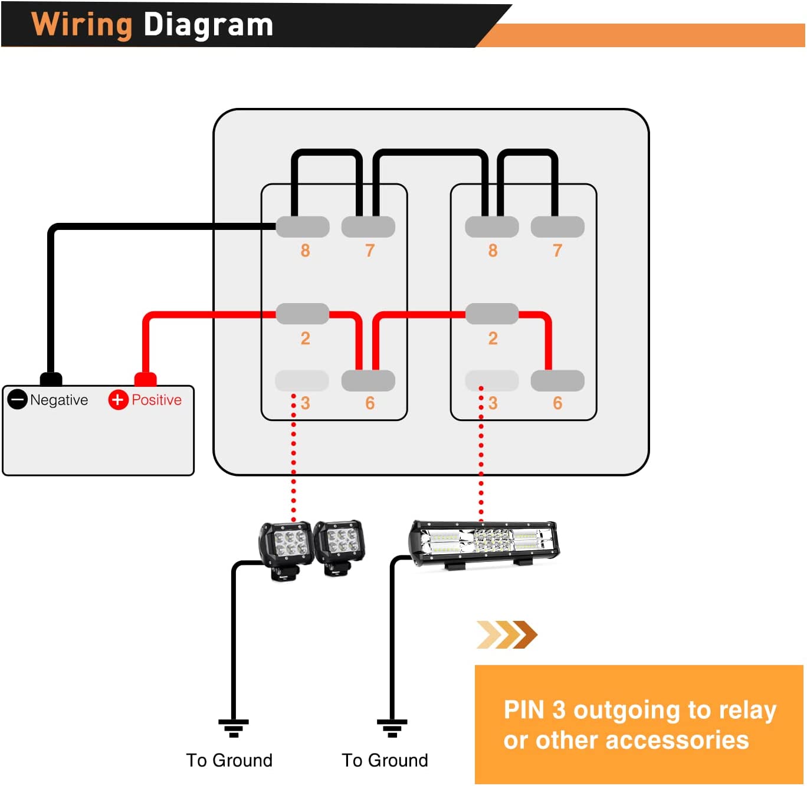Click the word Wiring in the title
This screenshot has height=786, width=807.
(81, 25)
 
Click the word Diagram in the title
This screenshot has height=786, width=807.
(208, 25)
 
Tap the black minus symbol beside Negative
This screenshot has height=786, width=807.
(18, 399)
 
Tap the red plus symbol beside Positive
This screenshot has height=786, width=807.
(118, 399)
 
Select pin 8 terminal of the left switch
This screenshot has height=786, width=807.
(303, 227)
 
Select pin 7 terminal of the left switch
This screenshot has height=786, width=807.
(368, 227)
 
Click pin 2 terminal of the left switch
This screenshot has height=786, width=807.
(303, 314)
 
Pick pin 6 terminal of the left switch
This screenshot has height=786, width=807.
(368, 381)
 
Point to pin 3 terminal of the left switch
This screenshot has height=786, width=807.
(302, 381)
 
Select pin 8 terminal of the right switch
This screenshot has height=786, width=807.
(492, 227)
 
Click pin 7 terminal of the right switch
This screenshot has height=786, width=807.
(557, 227)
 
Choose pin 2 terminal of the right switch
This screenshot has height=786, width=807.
(492, 314)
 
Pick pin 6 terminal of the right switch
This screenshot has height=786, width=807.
(557, 381)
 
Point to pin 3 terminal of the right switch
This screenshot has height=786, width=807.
(492, 381)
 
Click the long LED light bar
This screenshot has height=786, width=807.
(484, 542)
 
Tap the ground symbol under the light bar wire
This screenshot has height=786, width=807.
(392, 728)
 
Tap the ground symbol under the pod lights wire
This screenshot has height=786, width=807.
(234, 728)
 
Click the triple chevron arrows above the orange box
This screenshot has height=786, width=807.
(507, 634)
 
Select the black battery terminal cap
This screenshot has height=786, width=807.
(51, 379)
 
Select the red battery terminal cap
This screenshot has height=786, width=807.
(146, 379)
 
